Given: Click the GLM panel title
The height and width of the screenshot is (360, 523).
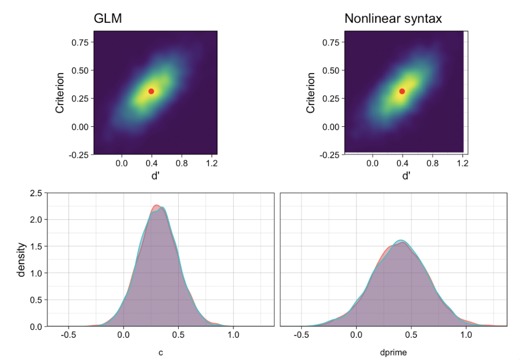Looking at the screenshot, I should (x=108, y=19).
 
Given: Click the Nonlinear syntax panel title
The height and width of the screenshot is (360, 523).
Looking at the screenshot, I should (x=393, y=19).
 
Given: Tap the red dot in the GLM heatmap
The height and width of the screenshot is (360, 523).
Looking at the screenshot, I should (x=151, y=91).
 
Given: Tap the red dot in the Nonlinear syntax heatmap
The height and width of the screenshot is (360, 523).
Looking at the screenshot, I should (x=402, y=91).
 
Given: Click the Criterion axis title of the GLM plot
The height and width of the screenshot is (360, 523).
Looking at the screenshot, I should (x=60, y=93).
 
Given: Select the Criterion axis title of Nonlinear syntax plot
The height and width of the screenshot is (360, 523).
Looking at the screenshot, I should (x=311, y=93).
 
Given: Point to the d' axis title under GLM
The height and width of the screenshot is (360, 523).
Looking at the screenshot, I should (x=155, y=176).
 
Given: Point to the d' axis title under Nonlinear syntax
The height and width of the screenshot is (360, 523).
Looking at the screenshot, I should (x=406, y=176).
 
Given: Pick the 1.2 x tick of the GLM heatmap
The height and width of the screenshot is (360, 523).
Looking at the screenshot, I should (x=212, y=164).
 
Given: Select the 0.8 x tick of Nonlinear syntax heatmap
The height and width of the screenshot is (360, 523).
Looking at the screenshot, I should (x=432, y=164).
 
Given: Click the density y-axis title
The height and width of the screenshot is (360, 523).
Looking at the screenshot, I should (x=21, y=260).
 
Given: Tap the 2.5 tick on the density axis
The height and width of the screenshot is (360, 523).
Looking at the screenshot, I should (x=35, y=193).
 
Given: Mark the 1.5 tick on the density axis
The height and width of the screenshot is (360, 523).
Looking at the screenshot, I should (x=35, y=247).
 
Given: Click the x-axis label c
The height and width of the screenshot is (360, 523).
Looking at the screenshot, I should (x=161, y=353).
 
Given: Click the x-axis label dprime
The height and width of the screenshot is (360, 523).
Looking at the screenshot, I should (x=393, y=353).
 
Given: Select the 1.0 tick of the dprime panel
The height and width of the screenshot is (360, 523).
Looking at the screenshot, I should (x=466, y=335).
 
